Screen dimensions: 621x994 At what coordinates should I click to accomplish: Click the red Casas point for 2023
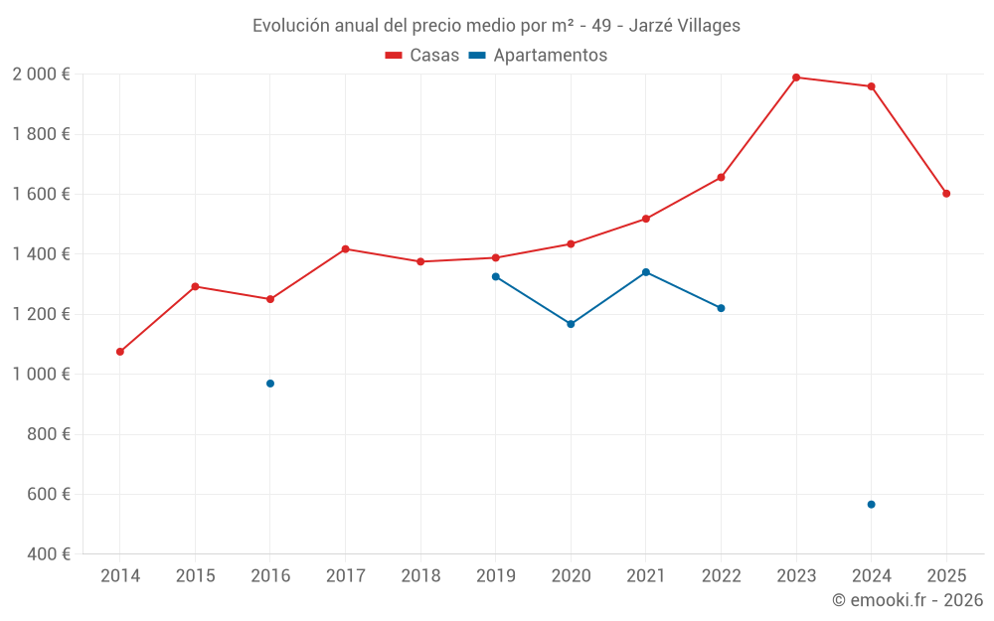coord(796,78)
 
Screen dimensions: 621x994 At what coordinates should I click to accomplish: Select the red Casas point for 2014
coord(120,352)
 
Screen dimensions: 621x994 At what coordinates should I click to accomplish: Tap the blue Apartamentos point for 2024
coord(872,505)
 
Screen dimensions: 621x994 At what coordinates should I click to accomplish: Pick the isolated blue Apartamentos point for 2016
coord(270,384)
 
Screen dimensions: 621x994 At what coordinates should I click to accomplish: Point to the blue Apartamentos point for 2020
coord(571,324)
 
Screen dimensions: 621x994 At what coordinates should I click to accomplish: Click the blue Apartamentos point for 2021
coord(646,272)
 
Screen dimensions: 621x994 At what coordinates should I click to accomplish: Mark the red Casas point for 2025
coord(946,194)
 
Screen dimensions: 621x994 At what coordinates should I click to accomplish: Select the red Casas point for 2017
coord(345,249)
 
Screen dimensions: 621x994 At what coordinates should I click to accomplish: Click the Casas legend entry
coord(422,56)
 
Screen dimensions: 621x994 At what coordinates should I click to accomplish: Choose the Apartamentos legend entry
coord(538,56)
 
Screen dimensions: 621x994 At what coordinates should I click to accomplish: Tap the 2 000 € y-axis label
coord(41,75)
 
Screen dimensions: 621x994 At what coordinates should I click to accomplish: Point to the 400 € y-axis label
coord(47,554)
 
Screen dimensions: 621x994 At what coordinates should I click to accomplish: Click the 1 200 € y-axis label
coord(41,315)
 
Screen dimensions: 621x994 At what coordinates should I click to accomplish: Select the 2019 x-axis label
coord(495,576)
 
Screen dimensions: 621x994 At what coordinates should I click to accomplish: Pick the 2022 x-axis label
coord(721,576)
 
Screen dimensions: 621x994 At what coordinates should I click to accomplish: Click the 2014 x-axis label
coord(120,576)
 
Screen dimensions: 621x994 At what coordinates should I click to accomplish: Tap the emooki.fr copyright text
coord(907,600)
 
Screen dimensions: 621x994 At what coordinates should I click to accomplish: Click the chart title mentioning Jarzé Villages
coord(496,26)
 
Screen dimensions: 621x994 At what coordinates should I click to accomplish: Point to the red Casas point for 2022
coord(721,178)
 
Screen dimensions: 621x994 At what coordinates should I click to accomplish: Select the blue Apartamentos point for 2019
coord(495,276)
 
